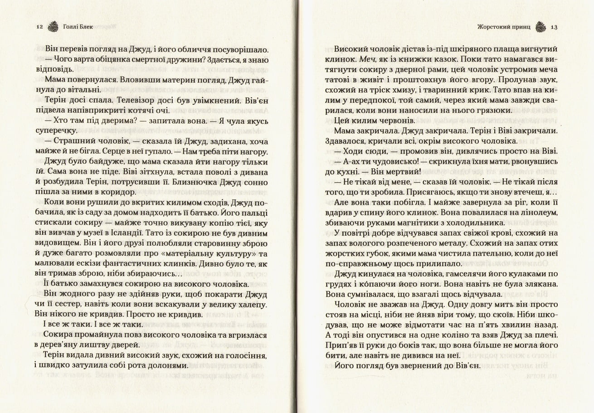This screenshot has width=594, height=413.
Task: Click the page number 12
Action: coord(39,27)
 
